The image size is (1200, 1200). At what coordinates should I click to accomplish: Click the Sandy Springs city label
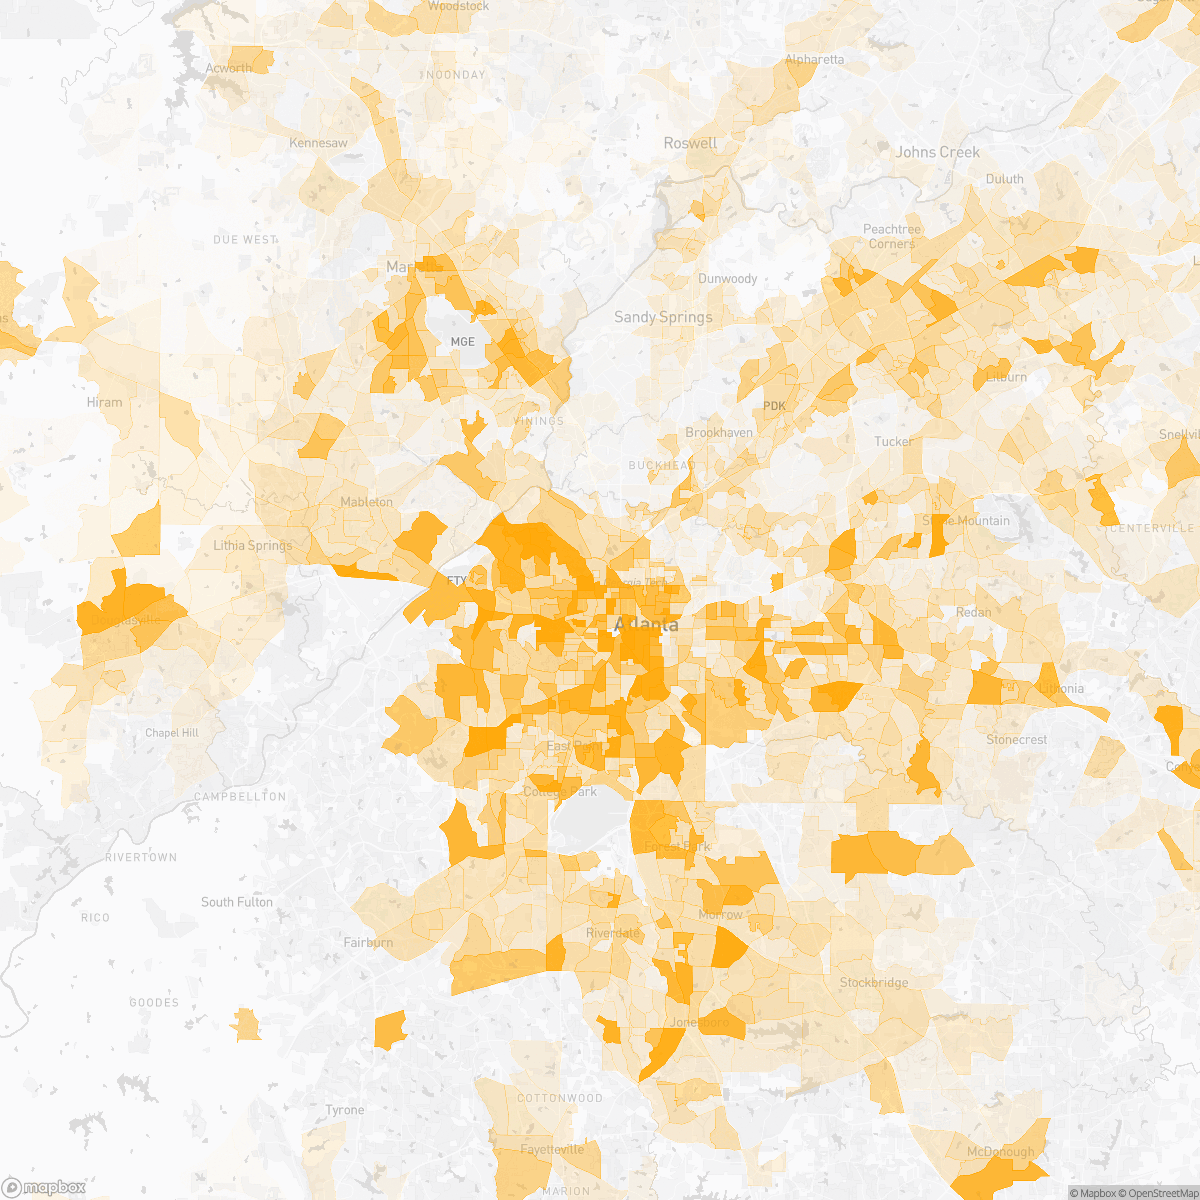point(663,317)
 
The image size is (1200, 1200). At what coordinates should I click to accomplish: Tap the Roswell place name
point(690,143)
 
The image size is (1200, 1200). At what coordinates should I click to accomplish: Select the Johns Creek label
point(937,152)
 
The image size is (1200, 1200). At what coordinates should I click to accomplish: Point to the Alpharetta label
point(814,59)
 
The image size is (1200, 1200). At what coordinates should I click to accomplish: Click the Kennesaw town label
point(318,143)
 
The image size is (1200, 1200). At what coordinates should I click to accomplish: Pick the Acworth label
point(229,68)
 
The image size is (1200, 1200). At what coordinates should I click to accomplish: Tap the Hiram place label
point(104,402)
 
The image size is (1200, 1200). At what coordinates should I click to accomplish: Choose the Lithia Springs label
point(253,545)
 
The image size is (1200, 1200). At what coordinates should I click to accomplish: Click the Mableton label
point(366,501)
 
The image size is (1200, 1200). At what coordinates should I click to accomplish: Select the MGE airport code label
point(463,341)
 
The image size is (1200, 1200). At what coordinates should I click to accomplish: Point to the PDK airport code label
point(775,405)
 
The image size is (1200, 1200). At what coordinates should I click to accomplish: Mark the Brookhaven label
point(719,433)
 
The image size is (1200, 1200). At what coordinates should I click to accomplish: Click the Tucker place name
point(893,441)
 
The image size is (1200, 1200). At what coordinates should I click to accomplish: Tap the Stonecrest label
point(1016,740)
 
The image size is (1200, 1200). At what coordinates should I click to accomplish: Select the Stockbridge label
point(874,982)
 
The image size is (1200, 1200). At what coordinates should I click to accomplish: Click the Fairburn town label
point(368,942)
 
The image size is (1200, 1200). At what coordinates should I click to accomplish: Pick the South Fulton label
point(237,902)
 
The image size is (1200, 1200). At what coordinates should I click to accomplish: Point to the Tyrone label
point(345,1110)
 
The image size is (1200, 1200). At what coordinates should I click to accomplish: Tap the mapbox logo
point(45,1187)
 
